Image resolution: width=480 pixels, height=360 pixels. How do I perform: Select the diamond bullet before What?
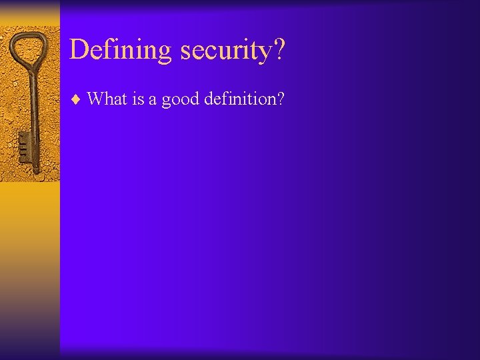(x=75, y=99)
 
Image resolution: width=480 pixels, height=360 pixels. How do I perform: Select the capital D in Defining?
(x=79, y=50)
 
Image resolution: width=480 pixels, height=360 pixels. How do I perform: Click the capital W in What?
(x=96, y=99)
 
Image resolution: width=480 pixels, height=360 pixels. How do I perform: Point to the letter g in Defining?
(x=163, y=53)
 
